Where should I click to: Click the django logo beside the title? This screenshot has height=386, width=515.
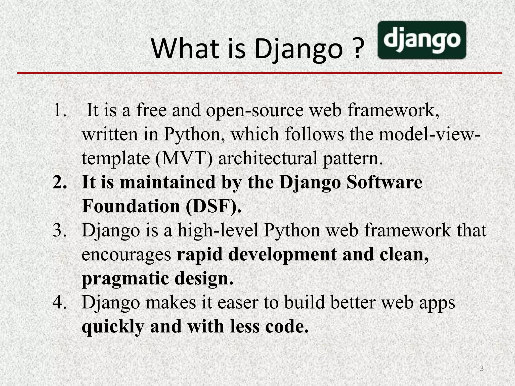pos(422,40)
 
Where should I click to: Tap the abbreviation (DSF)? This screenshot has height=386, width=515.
pos(213,206)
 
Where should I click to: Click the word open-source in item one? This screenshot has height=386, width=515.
pos(255,111)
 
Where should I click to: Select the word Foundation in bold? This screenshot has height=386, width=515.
pos(131,206)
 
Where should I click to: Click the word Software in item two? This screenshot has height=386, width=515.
pos(384,182)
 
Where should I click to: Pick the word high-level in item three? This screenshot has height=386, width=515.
pos(218,230)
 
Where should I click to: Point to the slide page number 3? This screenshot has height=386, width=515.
pos(482,369)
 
